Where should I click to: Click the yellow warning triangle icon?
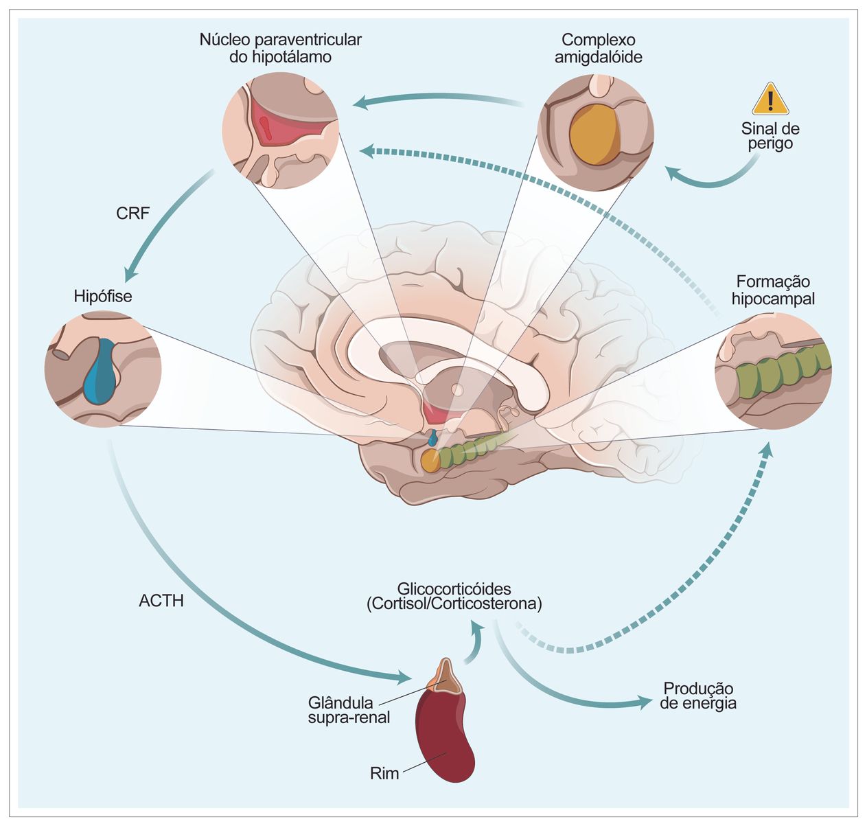pyautogui.click(x=770, y=100)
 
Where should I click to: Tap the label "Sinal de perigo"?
pyautogui.click(x=770, y=136)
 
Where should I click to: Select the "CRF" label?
pyautogui.click(x=132, y=214)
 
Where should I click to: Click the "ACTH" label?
pyautogui.click(x=161, y=601)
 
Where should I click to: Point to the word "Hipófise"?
pyautogui.click(x=103, y=297)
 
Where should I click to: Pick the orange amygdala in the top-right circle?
pyautogui.click(x=594, y=134)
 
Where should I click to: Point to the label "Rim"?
pyautogui.click(x=384, y=774)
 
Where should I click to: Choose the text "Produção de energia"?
pyautogui.click(x=698, y=696)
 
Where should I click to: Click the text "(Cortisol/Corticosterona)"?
pyautogui.click(x=454, y=605)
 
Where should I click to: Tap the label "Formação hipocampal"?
pyautogui.click(x=773, y=290)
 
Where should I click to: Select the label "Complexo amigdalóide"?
pyautogui.click(x=599, y=48)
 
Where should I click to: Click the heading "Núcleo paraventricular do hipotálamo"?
pyautogui.click(x=280, y=48)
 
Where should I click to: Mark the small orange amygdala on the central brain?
pyautogui.click(x=430, y=460)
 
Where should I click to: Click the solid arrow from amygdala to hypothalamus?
pyautogui.click(x=439, y=102)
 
